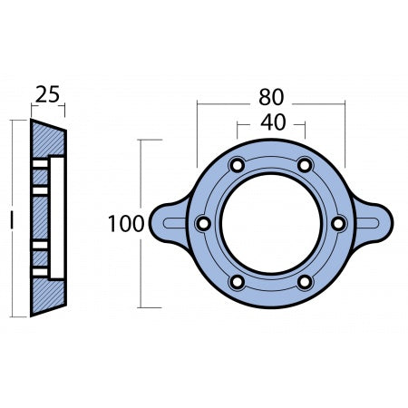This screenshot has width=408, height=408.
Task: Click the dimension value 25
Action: click(47, 94)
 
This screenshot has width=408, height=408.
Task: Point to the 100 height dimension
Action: click(125, 224)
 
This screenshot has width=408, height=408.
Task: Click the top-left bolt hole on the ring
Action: click(237, 165)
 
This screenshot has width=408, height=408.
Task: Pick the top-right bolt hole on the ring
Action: click(305, 165)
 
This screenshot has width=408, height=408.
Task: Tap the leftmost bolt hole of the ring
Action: click(203, 224)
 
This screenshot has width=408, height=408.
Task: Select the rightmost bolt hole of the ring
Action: click(338, 224)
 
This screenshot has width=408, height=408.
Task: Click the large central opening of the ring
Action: click(270, 224)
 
